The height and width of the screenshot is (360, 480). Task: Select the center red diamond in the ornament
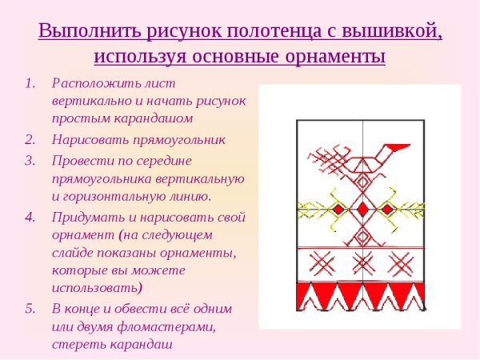point(362,209)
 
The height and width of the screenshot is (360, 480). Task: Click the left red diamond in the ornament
point(338,209)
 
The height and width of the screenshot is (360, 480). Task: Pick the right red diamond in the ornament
point(388,209)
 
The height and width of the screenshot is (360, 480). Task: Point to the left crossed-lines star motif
point(321,262)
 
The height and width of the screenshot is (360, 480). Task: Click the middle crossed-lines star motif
point(362,262)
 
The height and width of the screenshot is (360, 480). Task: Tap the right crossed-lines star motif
point(404,262)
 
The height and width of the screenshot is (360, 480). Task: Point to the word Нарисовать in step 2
point(86,140)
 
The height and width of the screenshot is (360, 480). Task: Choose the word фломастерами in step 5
point(170,326)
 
